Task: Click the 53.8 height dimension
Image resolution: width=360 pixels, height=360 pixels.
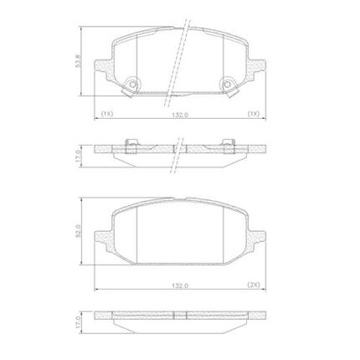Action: coord(78,61)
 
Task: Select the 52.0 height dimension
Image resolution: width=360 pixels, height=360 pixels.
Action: coord(78,231)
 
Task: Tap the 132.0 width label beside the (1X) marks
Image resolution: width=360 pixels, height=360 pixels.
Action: coord(180,115)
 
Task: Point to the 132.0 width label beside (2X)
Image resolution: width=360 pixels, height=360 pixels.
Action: coord(180,285)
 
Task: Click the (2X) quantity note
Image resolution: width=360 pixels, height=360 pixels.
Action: coord(254,285)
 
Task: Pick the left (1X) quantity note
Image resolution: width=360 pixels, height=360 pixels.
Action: coord(107,114)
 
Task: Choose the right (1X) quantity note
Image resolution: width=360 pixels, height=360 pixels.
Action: coord(254,114)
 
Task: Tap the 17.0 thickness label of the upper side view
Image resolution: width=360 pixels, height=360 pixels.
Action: coord(78,156)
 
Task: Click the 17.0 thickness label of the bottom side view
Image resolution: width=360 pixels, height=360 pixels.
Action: coord(78,322)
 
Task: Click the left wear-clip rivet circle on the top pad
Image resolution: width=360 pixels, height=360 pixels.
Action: coord(133,85)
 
